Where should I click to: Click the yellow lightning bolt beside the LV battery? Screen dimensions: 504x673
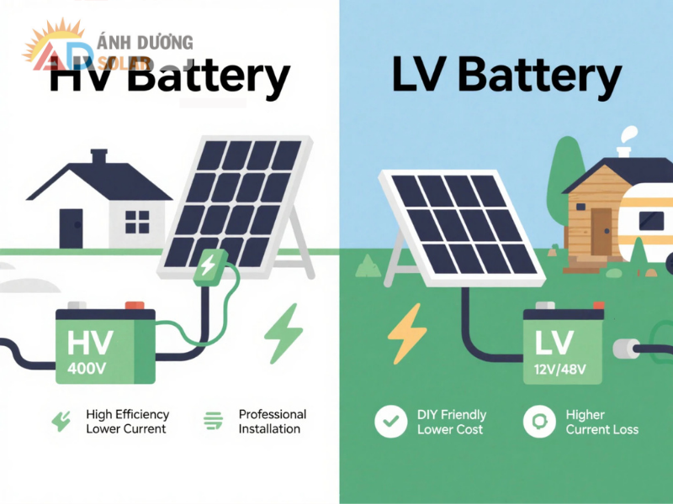click(x=407, y=332)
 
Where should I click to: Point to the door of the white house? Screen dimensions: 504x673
click(x=72, y=228)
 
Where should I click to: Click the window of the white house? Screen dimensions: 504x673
click(x=137, y=222)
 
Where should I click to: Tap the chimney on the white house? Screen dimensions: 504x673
click(x=99, y=157)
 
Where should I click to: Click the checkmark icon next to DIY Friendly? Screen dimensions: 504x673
click(x=389, y=422)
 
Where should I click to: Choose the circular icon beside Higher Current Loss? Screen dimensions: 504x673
click(x=539, y=422)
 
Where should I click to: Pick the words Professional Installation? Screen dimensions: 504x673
click(x=272, y=422)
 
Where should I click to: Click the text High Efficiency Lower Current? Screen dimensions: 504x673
click(x=127, y=422)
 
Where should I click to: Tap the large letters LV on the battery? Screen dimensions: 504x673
click(x=554, y=342)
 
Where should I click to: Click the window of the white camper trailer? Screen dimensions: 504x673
click(x=652, y=221)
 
